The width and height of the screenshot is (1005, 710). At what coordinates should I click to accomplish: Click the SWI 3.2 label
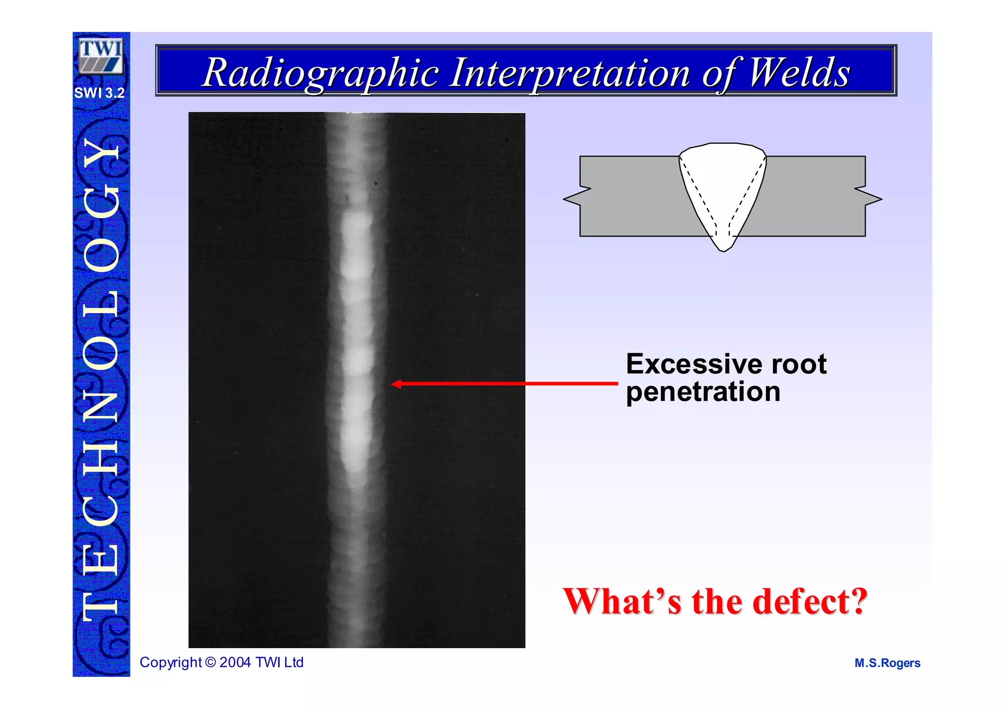point(100,93)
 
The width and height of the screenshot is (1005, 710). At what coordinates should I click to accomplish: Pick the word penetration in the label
point(703,392)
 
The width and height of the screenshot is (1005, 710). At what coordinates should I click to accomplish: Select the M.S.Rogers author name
point(887,663)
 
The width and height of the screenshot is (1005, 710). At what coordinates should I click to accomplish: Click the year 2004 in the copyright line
point(236,662)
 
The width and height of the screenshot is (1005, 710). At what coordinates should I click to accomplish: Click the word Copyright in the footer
point(171,662)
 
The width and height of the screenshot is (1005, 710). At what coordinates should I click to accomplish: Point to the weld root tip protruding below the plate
point(723,245)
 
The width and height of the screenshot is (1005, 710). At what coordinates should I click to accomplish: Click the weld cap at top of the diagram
point(722,150)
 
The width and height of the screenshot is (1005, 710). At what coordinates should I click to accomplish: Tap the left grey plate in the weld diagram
point(628,196)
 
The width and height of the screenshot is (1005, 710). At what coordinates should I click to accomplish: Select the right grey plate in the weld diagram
point(815,196)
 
